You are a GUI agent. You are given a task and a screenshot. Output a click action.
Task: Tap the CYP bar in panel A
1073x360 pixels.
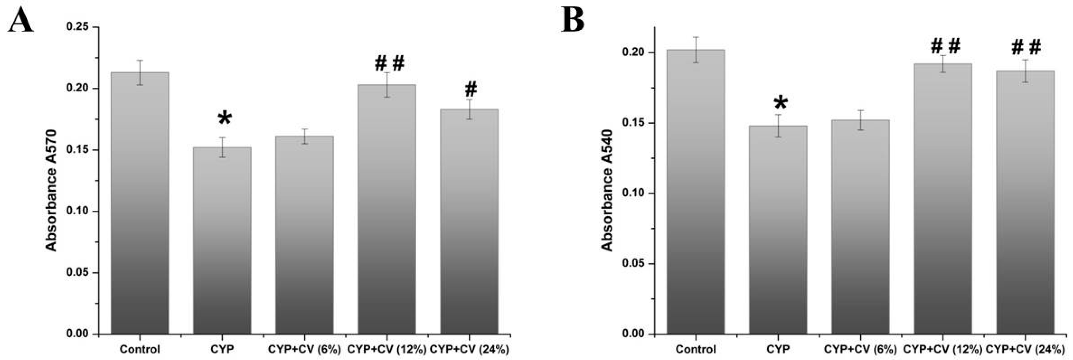pyautogui.click(x=222, y=242)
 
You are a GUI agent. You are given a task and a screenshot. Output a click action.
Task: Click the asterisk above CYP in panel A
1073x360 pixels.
pyautogui.click(x=224, y=118)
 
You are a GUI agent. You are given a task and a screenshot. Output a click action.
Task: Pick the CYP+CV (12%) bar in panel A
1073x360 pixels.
pyautogui.click(x=387, y=208)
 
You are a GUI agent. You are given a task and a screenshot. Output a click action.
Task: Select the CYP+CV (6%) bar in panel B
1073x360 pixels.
pyautogui.click(x=860, y=227)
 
